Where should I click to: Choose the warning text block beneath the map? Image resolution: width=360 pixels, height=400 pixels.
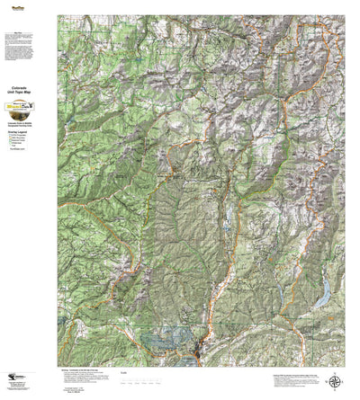pos(85,378)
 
